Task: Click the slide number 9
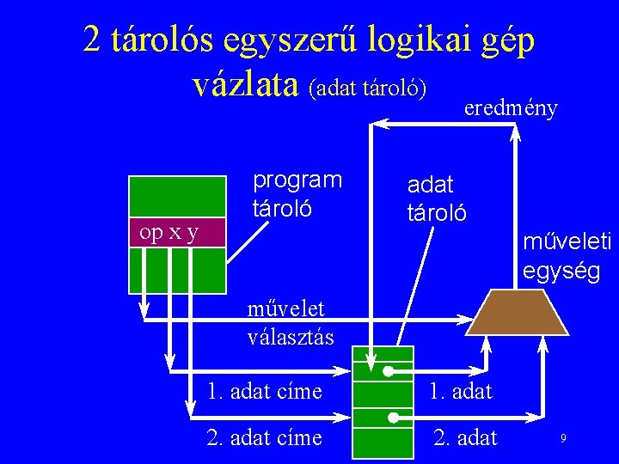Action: pyautogui.click(x=563, y=439)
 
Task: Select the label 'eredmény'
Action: pyautogui.click(x=511, y=108)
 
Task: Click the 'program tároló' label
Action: pyautogui.click(x=297, y=193)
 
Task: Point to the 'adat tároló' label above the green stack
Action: pyautogui.click(x=437, y=198)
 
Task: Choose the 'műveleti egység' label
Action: pyautogui.click(x=567, y=257)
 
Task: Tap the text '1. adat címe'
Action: pyautogui.click(x=265, y=392)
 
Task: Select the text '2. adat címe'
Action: pyautogui.click(x=265, y=437)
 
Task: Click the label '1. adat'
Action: pyautogui.click(x=461, y=392)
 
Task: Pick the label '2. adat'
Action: pyautogui.click(x=465, y=437)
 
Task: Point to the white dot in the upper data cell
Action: pyautogui.click(x=388, y=372)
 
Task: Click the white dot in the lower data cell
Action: pyautogui.click(x=393, y=417)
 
